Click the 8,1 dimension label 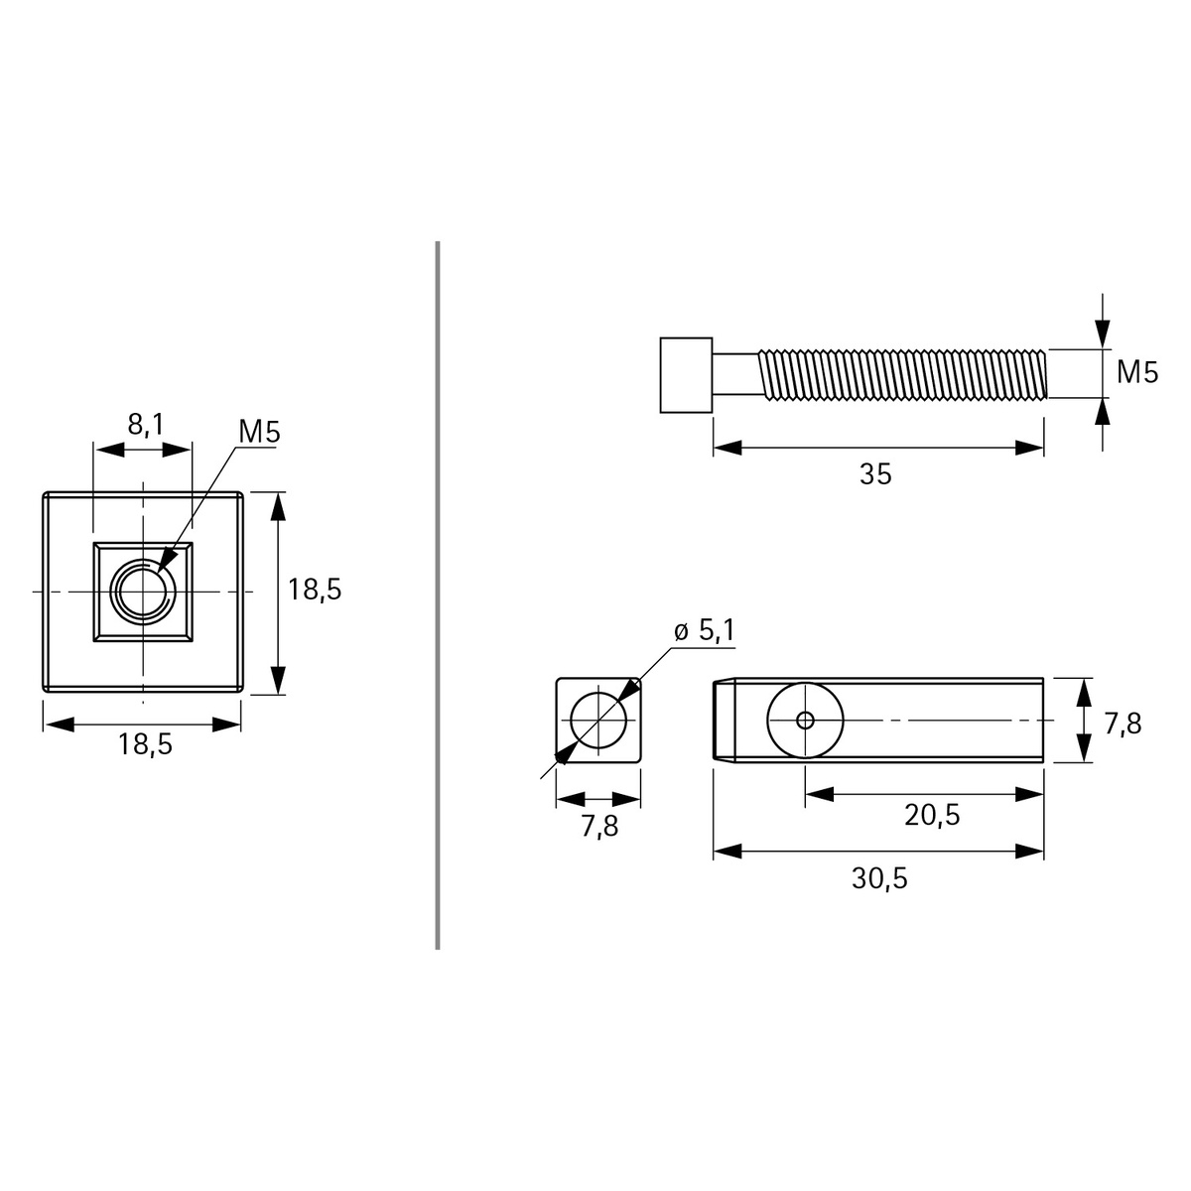pos(146,425)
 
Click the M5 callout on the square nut pos(260,432)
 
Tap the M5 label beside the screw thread pos(1137,372)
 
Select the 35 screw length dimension pos(875,474)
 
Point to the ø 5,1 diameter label pos(704,630)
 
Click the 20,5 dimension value pos(932,815)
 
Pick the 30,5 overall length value pos(879,877)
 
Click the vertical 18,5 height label pos(315,590)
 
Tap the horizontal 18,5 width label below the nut pos(145,744)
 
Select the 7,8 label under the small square pos(599,826)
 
